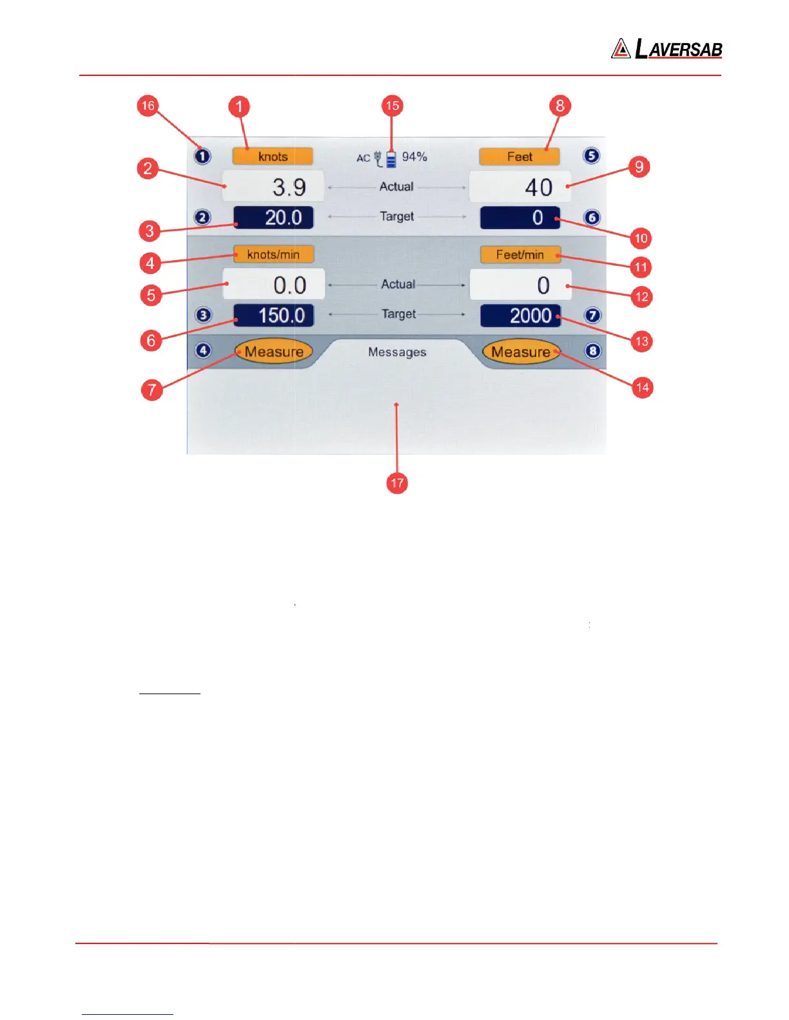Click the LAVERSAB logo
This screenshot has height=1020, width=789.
[x=667, y=49]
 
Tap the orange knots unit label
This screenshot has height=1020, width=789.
[x=273, y=156]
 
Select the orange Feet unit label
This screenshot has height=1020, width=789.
[x=520, y=156]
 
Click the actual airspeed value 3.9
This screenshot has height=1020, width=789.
[x=273, y=187]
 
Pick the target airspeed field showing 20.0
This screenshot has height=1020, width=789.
[x=273, y=218]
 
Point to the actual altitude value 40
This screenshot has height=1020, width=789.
[x=520, y=187]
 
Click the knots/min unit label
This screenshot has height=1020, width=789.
[x=273, y=254]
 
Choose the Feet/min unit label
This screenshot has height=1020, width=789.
[x=520, y=254]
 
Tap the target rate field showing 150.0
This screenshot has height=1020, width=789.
[x=273, y=316]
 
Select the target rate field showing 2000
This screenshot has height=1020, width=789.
[x=521, y=316]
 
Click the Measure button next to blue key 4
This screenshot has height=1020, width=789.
[x=274, y=352]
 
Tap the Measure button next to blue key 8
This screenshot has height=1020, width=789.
[x=521, y=352]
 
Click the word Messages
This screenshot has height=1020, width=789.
[x=397, y=352]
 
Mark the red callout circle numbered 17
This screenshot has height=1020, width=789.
[x=397, y=483]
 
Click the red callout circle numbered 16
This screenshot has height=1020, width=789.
[x=148, y=106]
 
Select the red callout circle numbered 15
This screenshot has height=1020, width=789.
[x=392, y=106]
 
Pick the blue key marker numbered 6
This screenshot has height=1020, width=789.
[x=592, y=218]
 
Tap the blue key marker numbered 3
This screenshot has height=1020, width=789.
[x=203, y=316]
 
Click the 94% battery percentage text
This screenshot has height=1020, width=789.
[x=414, y=156]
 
